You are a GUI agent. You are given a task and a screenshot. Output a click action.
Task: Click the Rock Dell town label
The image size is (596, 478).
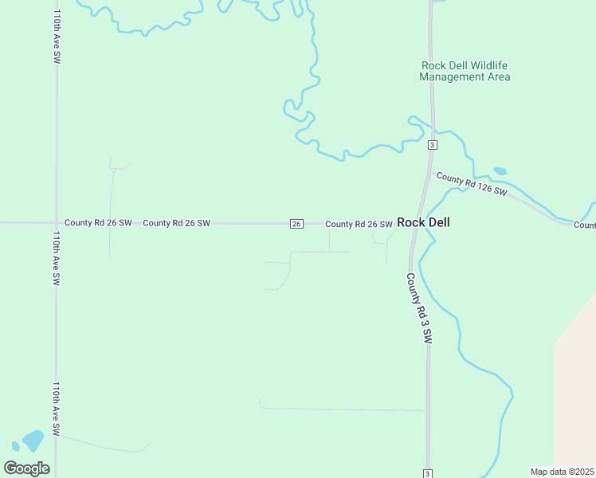(x=423, y=223)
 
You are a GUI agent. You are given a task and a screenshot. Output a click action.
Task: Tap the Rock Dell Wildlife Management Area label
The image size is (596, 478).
(x=465, y=71)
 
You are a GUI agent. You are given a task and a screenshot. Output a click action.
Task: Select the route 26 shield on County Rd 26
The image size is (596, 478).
(x=296, y=224)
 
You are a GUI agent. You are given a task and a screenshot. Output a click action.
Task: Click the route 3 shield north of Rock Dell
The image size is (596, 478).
(x=431, y=144)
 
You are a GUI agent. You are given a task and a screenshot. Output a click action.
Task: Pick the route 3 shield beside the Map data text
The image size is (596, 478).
(x=428, y=473)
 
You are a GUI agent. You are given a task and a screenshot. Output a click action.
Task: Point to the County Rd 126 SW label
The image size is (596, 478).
(x=472, y=185)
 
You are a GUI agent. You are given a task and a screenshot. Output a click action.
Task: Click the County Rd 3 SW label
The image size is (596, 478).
(x=419, y=308)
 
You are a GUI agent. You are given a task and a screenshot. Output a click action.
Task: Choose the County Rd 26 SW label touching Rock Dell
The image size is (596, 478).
(x=359, y=225)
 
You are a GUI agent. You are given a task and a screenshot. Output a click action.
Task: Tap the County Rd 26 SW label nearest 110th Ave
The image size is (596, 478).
(x=98, y=223)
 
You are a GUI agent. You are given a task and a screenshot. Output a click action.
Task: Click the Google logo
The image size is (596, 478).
(x=27, y=468)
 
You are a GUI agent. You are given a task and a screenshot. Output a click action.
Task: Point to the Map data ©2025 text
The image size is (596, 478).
(x=562, y=472)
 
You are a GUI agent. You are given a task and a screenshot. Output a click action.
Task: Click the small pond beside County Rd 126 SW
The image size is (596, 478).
(x=500, y=170)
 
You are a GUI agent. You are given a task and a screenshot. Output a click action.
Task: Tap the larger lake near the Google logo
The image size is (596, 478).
(x=33, y=440)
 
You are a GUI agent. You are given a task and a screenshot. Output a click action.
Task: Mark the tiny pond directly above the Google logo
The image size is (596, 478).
(x=15, y=446)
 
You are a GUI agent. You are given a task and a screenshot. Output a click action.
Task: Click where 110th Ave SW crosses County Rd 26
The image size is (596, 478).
(x=57, y=223)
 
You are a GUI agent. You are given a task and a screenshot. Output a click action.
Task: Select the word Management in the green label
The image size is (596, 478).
(x=451, y=77)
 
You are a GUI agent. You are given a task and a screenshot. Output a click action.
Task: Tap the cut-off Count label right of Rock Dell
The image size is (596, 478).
(x=584, y=225)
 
